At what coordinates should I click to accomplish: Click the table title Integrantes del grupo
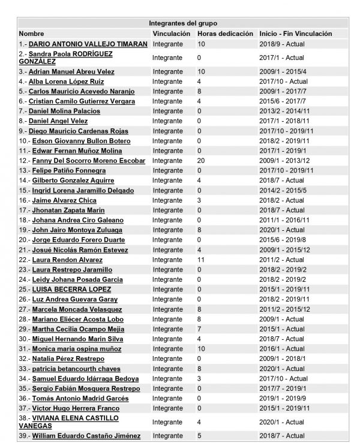(x=183, y=23)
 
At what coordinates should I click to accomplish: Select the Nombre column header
(x=31, y=34)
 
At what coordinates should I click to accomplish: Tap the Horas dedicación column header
(x=225, y=34)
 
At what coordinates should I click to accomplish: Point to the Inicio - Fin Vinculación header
(x=295, y=34)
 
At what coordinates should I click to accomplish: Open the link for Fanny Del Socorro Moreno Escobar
(x=88, y=161)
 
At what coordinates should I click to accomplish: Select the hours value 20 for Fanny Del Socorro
(x=202, y=161)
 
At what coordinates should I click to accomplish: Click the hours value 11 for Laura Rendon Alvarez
(x=201, y=260)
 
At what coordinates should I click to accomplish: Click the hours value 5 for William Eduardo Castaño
(x=199, y=435)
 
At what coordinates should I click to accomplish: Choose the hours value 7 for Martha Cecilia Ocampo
(x=199, y=329)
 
